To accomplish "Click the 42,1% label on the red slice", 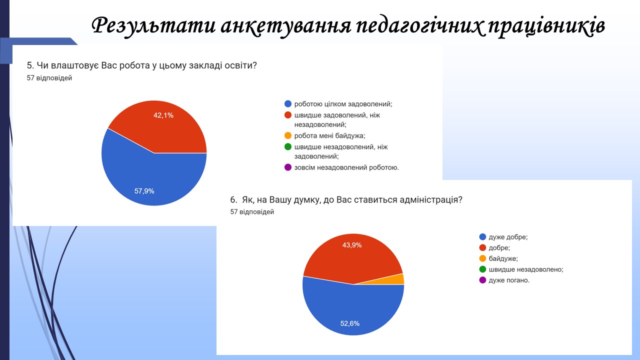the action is click(x=163, y=115).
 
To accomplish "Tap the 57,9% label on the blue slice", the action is click(x=144, y=191).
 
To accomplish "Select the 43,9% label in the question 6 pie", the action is click(x=352, y=245).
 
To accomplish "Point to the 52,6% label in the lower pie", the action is click(x=349, y=323).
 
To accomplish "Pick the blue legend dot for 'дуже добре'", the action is click(x=482, y=237).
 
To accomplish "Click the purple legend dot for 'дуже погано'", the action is click(x=482, y=280).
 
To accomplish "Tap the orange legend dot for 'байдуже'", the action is click(x=482, y=258).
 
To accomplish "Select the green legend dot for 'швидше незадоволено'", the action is click(x=482, y=269).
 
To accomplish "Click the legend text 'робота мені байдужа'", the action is click(x=329, y=135).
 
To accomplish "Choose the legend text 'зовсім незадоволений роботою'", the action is click(x=346, y=167).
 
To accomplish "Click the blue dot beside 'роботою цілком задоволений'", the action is click(x=288, y=103).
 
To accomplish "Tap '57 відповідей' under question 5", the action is click(x=49, y=78).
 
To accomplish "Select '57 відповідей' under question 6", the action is click(x=252, y=211).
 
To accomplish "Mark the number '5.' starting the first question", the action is click(x=30, y=65).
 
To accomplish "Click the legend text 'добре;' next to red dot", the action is click(x=499, y=247).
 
